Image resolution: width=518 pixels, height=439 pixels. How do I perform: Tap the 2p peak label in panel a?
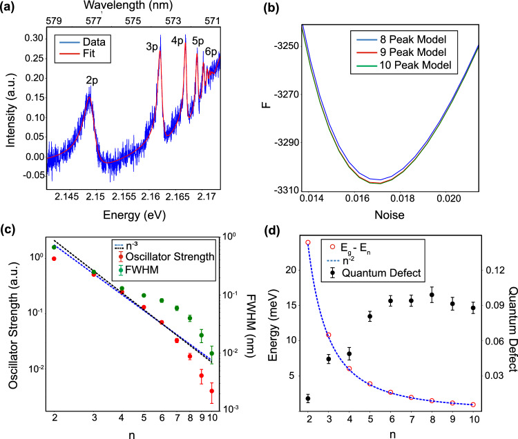(x=91, y=79)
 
